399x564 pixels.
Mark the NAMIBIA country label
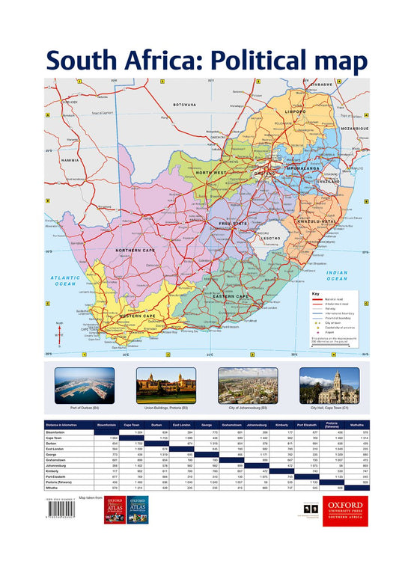pos(70,160)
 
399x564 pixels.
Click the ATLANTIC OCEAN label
pos(64,281)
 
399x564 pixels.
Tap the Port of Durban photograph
pos(85,384)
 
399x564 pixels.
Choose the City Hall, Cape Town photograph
pos(329,384)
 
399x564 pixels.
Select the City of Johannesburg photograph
pos(247,384)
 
